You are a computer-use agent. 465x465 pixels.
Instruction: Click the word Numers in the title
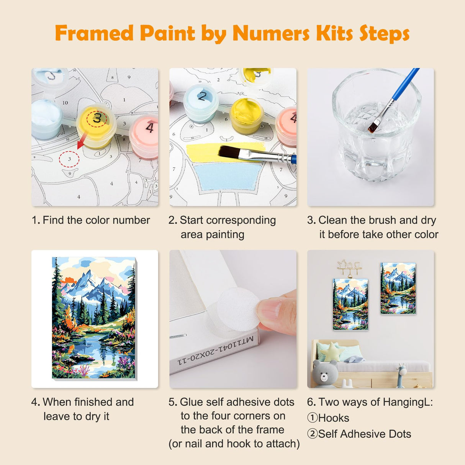[x=271, y=33]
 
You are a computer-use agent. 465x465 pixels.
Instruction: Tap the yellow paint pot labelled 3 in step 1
[x=96, y=124]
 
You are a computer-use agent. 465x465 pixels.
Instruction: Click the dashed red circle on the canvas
[x=69, y=159]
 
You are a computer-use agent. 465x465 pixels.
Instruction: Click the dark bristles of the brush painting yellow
[x=229, y=152]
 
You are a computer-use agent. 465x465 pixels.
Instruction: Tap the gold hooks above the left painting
[x=349, y=267]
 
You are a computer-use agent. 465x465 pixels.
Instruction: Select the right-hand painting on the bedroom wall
[x=398, y=288]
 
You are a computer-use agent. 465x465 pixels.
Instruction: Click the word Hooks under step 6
[x=334, y=418]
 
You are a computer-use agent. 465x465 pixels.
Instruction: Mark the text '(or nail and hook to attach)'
[x=234, y=444]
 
